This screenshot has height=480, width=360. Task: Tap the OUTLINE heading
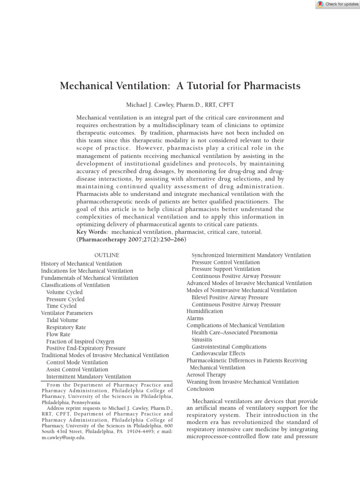[x=107, y=255]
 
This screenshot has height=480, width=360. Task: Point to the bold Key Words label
[x=92, y=232]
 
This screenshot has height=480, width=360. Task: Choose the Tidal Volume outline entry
[x=62, y=320]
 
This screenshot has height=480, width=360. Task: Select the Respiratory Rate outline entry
[x=66, y=327]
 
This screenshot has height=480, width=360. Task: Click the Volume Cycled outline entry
[x=64, y=292]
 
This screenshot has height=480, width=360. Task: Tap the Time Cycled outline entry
[x=61, y=306]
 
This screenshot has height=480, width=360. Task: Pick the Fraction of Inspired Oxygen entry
[x=80, y=341]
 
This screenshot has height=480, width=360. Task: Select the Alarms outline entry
[x=195, y=318]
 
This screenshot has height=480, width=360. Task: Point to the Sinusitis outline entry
[x=202, y=339]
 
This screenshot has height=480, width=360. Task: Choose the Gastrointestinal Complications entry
[x=229, y=346]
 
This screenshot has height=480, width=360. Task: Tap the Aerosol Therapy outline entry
[x=206, y=375]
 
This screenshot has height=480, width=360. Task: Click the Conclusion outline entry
[x=201, y=389]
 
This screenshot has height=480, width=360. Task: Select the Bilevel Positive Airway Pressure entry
[x=230, y=297]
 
